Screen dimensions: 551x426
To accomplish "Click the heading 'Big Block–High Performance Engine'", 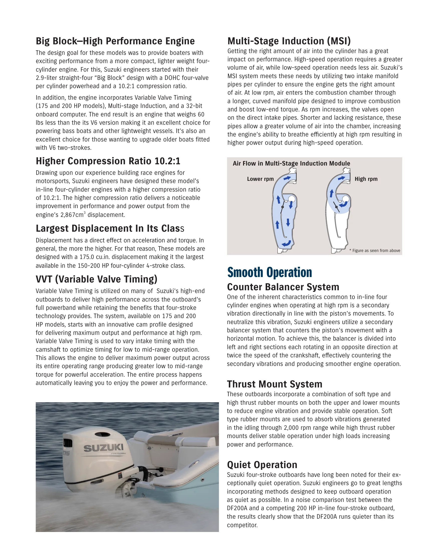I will (115, 41).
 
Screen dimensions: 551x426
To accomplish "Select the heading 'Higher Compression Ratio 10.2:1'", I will (108, 161).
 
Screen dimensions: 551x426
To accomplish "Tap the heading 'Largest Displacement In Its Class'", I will (110, 228).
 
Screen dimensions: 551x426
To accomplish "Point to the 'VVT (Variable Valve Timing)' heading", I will (96, 279).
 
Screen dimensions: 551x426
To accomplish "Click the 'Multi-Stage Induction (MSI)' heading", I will (289, 41).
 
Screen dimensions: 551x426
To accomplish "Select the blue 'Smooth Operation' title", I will (270, 272).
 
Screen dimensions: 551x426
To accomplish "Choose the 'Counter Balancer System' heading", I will (283, 287).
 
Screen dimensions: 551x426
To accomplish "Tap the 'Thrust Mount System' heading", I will (275, 384).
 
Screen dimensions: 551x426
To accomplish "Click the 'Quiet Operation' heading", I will (262, 465).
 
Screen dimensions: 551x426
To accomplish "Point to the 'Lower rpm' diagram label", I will (260, 179).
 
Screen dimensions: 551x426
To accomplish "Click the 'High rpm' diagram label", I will (366, 179).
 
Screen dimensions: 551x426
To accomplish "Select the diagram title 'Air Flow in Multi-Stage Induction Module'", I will (291, 164).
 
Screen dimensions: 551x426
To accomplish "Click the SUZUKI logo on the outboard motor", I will (103, 448).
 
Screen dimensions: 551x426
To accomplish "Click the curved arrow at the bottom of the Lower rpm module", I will (286, 243).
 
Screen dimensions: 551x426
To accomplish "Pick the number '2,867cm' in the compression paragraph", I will (72, 215).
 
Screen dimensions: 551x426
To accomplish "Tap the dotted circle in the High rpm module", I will (346, 199).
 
